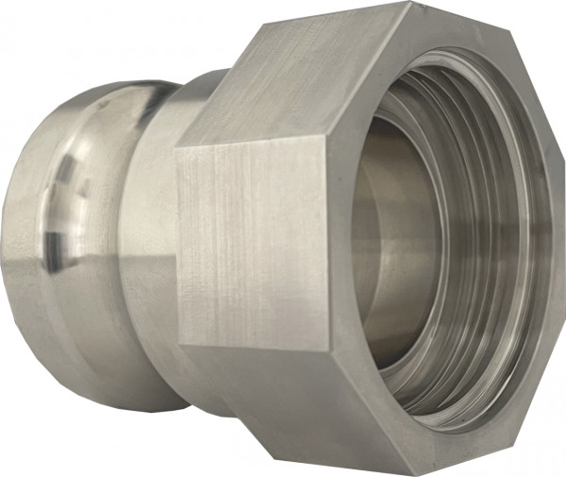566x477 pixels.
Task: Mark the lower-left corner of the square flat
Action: pos(178,346)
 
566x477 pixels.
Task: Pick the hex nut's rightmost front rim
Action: pos(552,246)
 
